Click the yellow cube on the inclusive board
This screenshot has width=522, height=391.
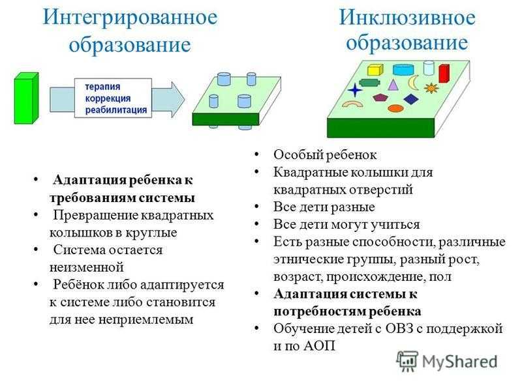click(375, 69)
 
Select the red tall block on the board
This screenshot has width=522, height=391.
click(444, 73)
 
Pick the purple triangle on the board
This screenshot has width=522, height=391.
click(393, 84)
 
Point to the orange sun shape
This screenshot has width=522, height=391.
click(431, 87)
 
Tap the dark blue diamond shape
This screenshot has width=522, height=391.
click(410, 99)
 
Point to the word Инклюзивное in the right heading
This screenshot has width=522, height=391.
click(407, 18)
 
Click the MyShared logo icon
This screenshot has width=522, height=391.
click(408, 360)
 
